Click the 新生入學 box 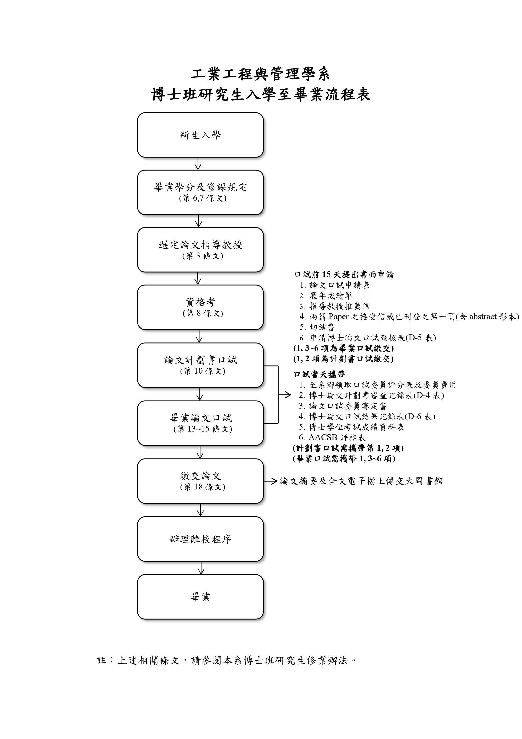200,135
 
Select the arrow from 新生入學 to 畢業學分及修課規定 198,163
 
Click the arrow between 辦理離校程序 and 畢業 201,568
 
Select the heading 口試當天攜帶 319,374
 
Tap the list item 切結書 317,327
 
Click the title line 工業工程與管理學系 260,74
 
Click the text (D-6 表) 420,416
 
